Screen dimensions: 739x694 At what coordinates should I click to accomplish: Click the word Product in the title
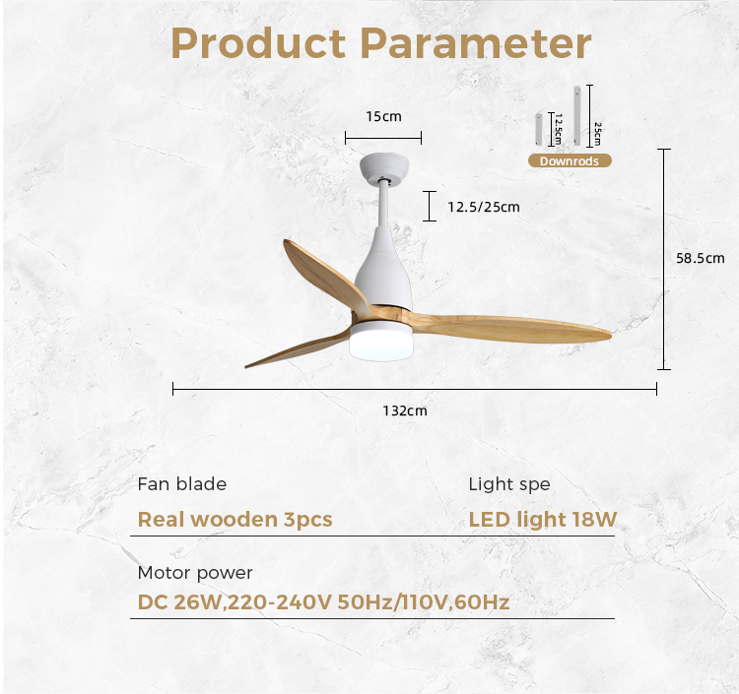coord(258,43)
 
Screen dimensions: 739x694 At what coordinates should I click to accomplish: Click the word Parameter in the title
coord(476,43)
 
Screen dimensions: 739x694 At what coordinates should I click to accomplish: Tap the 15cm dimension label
coord(383,116)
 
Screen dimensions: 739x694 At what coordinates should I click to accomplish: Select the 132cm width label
coord(405,410)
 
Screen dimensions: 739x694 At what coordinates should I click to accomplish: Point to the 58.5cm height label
coord(701,258)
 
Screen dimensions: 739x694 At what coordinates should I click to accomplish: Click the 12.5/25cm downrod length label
coord(484,207)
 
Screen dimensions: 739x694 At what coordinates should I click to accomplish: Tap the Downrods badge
coord(570,161)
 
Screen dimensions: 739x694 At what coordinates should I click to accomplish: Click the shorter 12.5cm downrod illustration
coord(538,130)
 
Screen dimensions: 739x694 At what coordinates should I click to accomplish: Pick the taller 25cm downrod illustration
coord(577,115)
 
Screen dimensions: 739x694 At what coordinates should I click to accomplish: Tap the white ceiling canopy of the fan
coord(384,167)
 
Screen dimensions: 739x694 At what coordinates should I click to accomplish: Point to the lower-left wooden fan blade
coord(297,349)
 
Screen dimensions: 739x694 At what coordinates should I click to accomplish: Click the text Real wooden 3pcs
coord(235,520)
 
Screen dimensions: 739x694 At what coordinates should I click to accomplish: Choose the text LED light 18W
coord(543,520)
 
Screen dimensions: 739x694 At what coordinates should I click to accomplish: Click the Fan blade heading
coord(182,484)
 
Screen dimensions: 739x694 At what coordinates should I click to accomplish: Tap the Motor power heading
coord(195,573)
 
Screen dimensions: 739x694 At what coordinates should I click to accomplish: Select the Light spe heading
coord(509,484)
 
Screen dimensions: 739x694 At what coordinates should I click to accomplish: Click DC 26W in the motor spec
coord(179,602)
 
